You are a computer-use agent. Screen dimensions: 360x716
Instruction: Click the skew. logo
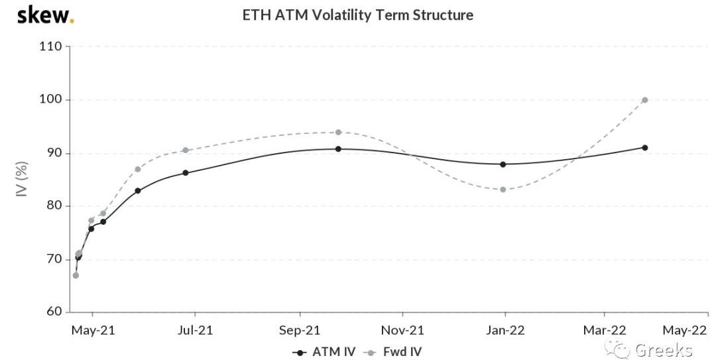[x=45, y=15]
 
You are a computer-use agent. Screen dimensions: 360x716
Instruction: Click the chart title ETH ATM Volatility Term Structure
[x=358, y=15]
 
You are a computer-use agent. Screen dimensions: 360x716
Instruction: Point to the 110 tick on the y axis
[x=50, y=46]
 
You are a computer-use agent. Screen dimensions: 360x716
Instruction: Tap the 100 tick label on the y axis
[x=50, y=99]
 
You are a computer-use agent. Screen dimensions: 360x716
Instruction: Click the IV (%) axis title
[x=22, y=179]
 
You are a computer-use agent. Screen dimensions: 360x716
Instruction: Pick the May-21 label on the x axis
[x=92, y=330]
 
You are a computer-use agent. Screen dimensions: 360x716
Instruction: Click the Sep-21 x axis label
[x=300, y=330]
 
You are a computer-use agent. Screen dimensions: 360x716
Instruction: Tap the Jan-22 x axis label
[x=505, y=330]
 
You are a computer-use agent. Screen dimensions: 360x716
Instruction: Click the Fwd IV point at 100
[x=644, y=100]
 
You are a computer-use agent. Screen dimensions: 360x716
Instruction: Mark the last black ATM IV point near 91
[x=644, y=147]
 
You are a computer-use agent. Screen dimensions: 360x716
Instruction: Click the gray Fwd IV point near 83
[x=503, y=189]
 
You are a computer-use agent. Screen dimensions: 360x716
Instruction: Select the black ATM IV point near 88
[x=503, y=164]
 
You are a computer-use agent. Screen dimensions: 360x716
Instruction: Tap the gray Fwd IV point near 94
[x=338, y=132]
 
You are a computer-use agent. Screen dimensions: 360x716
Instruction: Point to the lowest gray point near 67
[x=76, y=275]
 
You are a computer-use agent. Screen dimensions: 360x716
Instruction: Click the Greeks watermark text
[x=663, y=349]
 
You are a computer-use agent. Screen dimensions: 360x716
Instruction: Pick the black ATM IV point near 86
[x=185, y=172]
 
